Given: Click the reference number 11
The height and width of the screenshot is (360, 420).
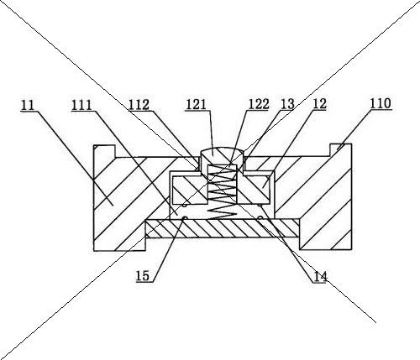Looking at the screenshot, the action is click(x=28, y=105).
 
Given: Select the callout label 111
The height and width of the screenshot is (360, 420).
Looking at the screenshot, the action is click(x=81, y=106).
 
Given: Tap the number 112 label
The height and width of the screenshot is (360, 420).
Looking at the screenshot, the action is click(x=139, y=105).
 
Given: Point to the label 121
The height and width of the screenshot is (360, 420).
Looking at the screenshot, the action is click(x=196, y=105).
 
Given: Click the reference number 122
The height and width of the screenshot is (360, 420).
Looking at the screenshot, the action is click(x=259, y=104).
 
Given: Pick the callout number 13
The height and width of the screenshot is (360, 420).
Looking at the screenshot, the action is click(x=287, y=104).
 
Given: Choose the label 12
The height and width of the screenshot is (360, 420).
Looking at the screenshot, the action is click(x=319, y=104).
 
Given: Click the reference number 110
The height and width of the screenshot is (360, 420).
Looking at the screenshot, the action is click(x=381, y=103).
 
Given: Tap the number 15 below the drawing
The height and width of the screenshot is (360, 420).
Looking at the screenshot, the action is click(x=143, y=276).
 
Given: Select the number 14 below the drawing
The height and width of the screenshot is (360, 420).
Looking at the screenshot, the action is click(x=320, y=277).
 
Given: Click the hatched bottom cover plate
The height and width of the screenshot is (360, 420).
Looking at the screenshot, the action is click(x=223, y=228).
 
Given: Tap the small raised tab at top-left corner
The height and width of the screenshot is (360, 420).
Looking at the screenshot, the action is click(x=105, y=151).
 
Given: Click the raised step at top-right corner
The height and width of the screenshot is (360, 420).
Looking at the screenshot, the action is click(x=341, y=150).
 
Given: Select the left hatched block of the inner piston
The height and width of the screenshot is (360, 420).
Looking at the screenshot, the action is click(x=190, y=190).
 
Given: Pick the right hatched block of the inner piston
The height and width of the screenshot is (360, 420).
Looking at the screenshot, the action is click(x=254, y=190).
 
